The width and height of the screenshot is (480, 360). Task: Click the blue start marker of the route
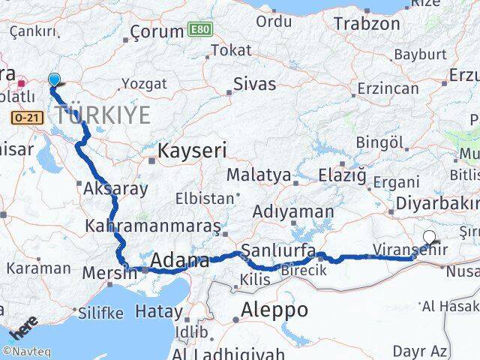(54, 79)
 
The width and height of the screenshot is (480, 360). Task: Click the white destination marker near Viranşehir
(429, 237)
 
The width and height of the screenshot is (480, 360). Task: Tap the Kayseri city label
(192, 151)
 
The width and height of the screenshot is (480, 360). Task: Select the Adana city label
(180, 261)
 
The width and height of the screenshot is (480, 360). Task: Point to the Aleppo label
(274, 310)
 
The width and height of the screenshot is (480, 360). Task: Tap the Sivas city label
(254, 84)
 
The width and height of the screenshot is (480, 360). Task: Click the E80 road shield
(200, 30)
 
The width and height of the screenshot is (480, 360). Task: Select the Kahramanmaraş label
(153, 225)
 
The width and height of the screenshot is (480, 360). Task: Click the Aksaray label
(116, 188)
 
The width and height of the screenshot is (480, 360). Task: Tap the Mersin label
(110, 273)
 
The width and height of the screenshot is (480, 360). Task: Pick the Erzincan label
(388, 88)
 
